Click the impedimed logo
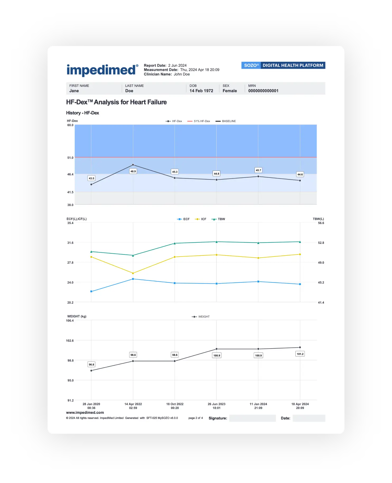(102, 70)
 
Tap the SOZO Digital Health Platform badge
(283, 65)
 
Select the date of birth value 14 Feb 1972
(201, 91)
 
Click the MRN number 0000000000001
(263, 91)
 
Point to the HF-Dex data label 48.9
(133, 171)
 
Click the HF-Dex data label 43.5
(91, 178)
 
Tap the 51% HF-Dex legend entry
(199, 121)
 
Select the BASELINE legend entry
(226, 121)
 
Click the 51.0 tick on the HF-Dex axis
(70, 158)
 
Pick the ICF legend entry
(201, 219)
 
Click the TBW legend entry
(218, 219)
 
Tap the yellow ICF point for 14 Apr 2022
(133, 273)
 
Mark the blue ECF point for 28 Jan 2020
(91, 291)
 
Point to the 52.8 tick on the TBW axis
(321, 243)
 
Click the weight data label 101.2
(300, 354)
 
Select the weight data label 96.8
(91, 364)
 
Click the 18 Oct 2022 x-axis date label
(175, 406)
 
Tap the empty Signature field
(253, 418)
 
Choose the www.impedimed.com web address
(85, 412)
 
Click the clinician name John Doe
(182, 74)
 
